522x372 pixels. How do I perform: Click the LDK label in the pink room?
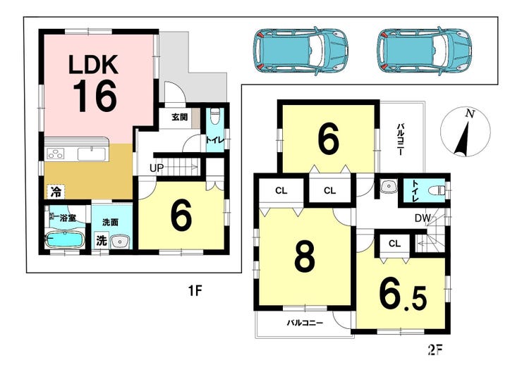[x=93, y=65]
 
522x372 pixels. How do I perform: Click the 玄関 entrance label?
[x=179, y=117]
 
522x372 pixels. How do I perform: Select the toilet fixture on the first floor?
[x=215, y=116]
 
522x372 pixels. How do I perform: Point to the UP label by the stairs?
[x=157, y=168]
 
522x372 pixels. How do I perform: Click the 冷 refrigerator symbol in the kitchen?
[x=56, y=192]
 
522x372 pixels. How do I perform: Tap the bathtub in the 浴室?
[x=65, y=240]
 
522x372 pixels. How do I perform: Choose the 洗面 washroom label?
[x=110, y=222]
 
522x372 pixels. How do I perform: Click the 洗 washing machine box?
[x=101, y=241]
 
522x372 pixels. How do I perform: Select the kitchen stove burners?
[x=56, y=154]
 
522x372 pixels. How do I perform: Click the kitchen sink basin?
[x=91, y=154]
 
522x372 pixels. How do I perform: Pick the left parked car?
[x=301, y=51]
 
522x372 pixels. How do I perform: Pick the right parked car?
[x=425, y=51]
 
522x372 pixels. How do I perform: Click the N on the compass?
[x=470, y=114]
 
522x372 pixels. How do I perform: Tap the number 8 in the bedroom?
[x=305, y=256]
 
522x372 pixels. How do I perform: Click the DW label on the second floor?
[x=423, y=218]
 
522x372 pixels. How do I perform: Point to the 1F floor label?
[x=195, y=291]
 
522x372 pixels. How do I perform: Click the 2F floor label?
[x=435, y=349]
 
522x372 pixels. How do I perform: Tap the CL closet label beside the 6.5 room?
[x=394, y=244]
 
